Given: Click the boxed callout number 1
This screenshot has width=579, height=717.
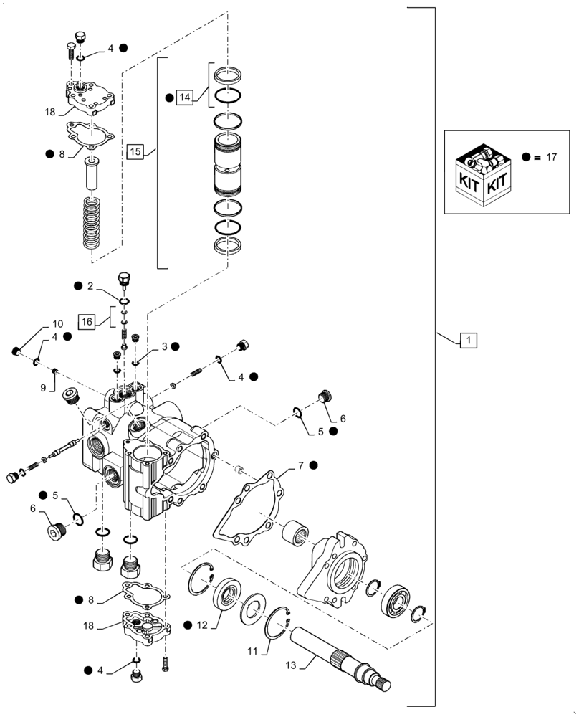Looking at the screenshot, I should pos(467,341).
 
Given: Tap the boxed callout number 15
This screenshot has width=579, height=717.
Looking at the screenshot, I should pos(135,151).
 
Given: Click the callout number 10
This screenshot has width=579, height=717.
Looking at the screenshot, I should pos(57,324).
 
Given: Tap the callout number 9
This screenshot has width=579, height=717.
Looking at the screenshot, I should pos(43,386).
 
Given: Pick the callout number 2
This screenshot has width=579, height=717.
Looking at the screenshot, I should pos(90,286).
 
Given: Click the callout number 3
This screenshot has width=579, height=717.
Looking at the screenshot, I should pos(164,346).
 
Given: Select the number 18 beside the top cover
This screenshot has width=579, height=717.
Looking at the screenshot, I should pos(49,113).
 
